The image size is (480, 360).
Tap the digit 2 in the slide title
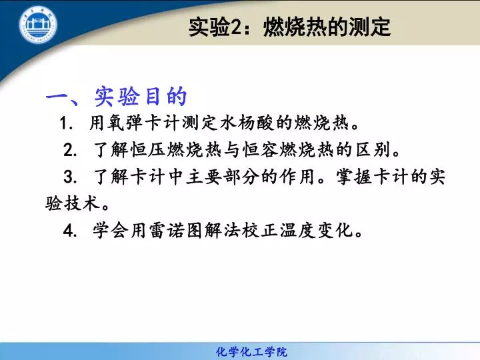pyautogui.click(x=236, y=27)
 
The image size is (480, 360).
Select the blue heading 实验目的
pyautogui.click(x=141, y=97)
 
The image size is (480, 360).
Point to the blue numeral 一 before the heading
pyautogui.click(x=59, y=97)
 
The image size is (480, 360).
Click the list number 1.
pyautogui.click(x=65, y=123)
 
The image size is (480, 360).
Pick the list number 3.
pyautogui.click(x=70, y=177)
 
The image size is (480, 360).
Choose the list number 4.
pyautogui.click(x=70, y=230)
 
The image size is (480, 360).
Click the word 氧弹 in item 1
pyautogui.click(x=125, y=123)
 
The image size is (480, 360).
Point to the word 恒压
pyautogui.click(x=148, y=150)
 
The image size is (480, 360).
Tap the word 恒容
pyautogui.click(x=261, y=150)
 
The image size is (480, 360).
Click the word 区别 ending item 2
pyautogui.click(x=373, y=150)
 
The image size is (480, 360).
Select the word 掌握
pyautogui.click(x=355, y=177)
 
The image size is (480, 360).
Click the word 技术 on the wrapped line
pyautogui.click(x=81, y=203)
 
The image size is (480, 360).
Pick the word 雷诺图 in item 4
pyautogui.click(x=176, y=230)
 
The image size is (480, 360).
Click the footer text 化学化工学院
pyautogui.click(x=251, y=352)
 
